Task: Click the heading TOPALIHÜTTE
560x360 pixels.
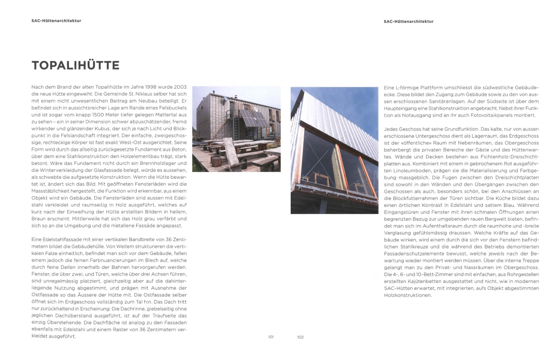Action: [75, 65]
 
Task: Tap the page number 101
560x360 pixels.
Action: [271, 337]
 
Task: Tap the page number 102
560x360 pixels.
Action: [300, 337]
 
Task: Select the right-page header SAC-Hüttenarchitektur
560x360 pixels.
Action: [408, 21]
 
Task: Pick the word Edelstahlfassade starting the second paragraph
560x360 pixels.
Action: [55, 240]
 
